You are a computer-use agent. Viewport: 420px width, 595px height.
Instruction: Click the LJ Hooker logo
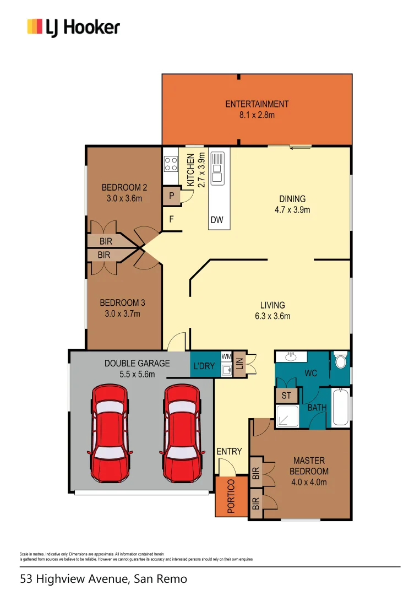pyautogui.click(x=73, y=27)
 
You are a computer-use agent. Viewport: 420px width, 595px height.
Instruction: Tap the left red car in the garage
pyautogui.click(x=111, y=432)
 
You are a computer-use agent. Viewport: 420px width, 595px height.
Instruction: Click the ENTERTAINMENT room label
pyautogui.click(x=257, y=104)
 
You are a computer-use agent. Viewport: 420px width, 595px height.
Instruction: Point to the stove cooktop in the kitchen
pyautogui.click(x=171, y=164)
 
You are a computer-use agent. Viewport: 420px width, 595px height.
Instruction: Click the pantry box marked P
pyautogui.click(x=171, y=196)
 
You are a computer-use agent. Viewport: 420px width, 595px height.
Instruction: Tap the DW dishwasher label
pyautogui.click(x=217, y=220)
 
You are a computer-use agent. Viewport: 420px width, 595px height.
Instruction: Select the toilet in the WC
pyautogui.click(x=340, y=361)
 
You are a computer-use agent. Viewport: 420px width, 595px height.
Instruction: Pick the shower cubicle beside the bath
pyautogui.click(x=286, y=416)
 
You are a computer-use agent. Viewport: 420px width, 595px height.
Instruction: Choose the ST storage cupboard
pyautogui.click(x=286, y=396)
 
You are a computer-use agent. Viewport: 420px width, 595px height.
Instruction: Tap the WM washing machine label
pyautogui.click(x=226, y=356)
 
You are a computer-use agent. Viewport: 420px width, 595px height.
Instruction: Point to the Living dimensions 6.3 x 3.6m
pyautogui.click(x=272, y=316)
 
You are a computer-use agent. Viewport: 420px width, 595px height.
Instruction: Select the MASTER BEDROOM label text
pyautogui.click(x=309, y=466)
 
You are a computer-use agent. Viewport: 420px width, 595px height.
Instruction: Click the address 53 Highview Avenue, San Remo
pyautogui.click(x=103, y=579)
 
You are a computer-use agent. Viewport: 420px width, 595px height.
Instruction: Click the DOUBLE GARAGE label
pyautogui.click(x=137, y=364)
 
